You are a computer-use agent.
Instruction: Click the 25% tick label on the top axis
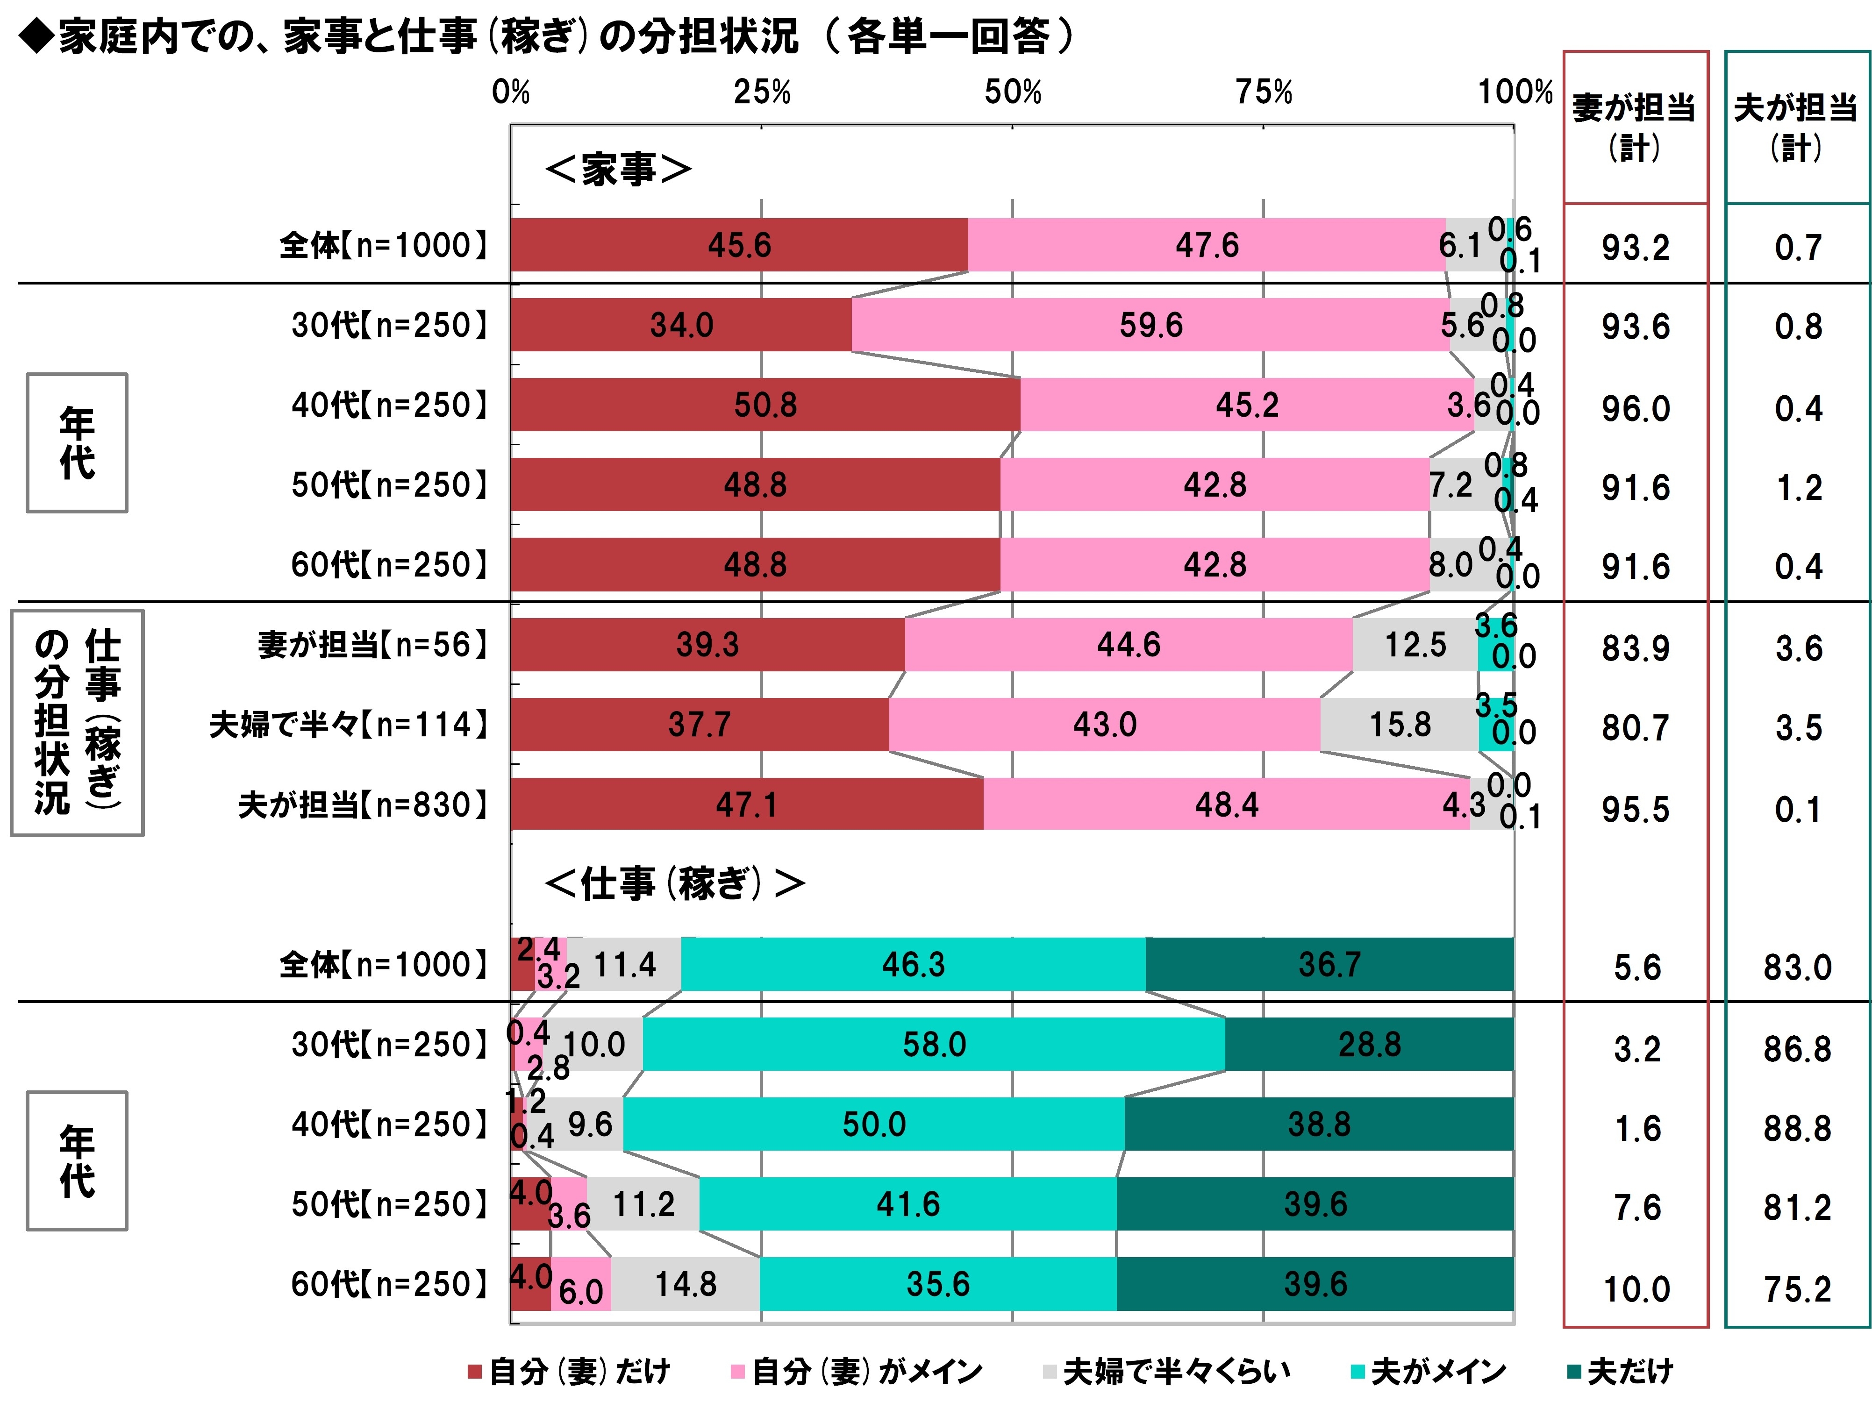click(x=762, y=92)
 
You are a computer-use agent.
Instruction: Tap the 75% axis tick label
click(x=1264, y=92)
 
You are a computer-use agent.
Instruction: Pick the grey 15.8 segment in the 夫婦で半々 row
click(x=1399, y=725)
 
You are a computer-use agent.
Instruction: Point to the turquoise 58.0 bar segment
click(x=934, y=1045)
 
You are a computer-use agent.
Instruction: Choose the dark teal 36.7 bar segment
click(x=1329, y=964)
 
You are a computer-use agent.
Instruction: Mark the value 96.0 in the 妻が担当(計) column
click(x=1635, y=409)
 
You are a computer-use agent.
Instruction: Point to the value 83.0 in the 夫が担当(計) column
click(x=1798, y=968)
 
